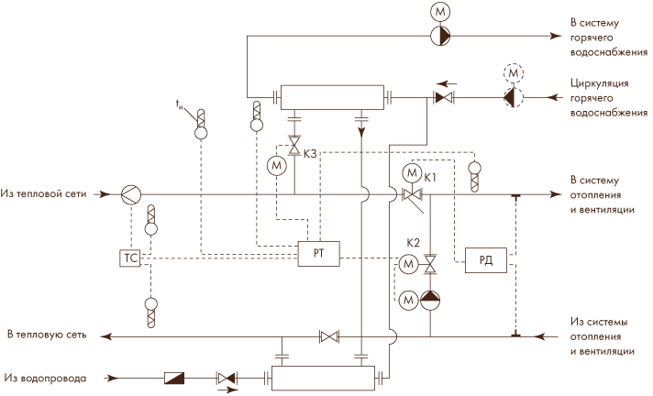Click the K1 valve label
coord(430,178)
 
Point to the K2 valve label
coord(413,243)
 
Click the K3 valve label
coord(310,154)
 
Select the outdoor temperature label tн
coord(179,104)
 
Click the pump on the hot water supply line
coord(440,36)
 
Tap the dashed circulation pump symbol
coord(513,98)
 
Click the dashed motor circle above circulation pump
coord(513,73)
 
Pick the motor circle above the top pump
coord(440,12)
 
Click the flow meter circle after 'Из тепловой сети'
coord(131,194)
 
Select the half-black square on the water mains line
coord(174,378)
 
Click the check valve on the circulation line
coord(444,98)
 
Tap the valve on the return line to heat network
coord(329,336)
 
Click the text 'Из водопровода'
coord(46,379)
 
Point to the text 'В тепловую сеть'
coord(47,335)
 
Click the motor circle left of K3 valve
coord(277,166)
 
